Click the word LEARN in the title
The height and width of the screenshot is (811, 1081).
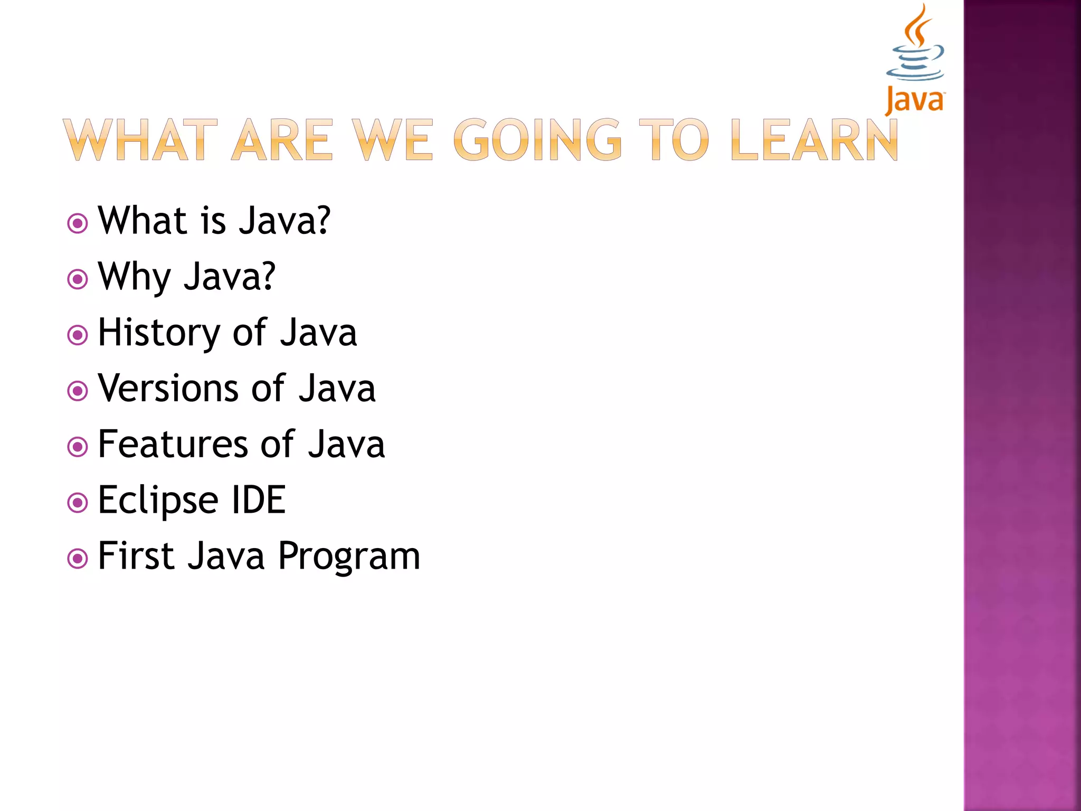(814, 140)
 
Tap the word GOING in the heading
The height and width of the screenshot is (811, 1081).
(537, 140)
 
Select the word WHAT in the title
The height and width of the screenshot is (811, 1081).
(140, 140)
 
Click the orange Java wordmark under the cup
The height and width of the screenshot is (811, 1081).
(915, 100)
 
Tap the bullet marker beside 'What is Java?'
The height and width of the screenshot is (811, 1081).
(78, 223)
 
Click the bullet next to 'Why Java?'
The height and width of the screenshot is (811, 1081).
(78, 279)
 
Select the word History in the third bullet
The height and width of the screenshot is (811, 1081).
(159, 333)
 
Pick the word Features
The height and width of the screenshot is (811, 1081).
(173, 445)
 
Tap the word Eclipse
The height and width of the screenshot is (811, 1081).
(158, 501)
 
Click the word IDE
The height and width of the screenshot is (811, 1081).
(259, 501)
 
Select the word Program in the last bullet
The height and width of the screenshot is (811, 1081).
(349, 557)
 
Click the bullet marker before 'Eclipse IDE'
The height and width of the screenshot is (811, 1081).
(78, 503)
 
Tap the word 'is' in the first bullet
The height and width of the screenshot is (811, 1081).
(214, 221)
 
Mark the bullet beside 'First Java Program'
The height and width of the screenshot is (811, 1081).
(78, 559)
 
